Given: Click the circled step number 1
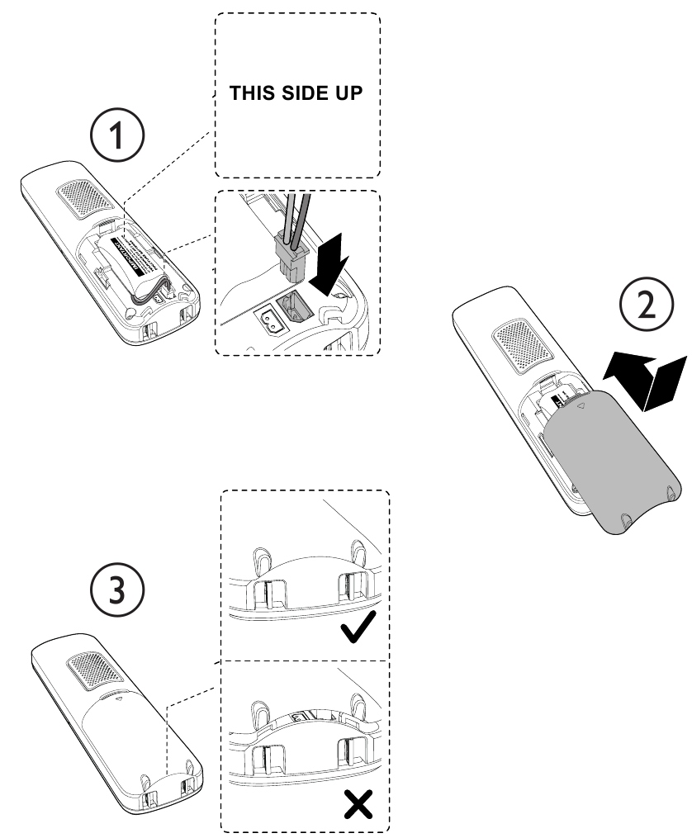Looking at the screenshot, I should coord(119,133).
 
